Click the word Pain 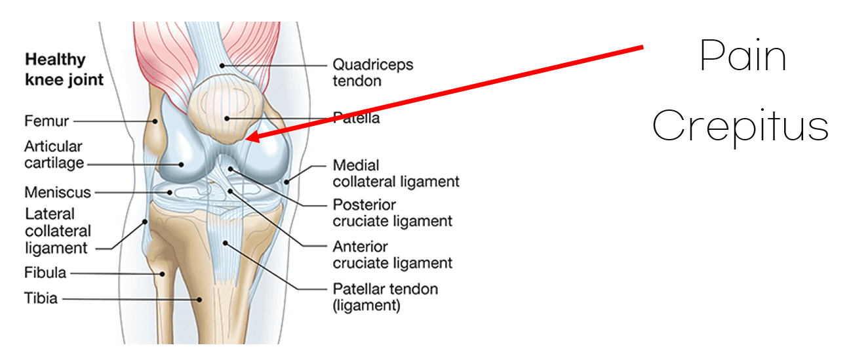click(x=742, y=56)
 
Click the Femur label click(x=46, y=121)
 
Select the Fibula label click(x=45, y=272)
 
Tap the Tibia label click(x=41, y=298)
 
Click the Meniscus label click(x=57, y=193)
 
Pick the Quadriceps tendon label click(x=372, y=72)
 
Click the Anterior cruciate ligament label click(x=392, y=254)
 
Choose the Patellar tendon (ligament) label click(x=385, y=296)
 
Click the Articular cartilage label click(x=54, y=154)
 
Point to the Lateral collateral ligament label click(x=58, y=231)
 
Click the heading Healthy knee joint click(x=64, y=70)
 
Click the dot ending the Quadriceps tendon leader click(x=223, y=65)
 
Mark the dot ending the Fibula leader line click(x=161, y=273)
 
